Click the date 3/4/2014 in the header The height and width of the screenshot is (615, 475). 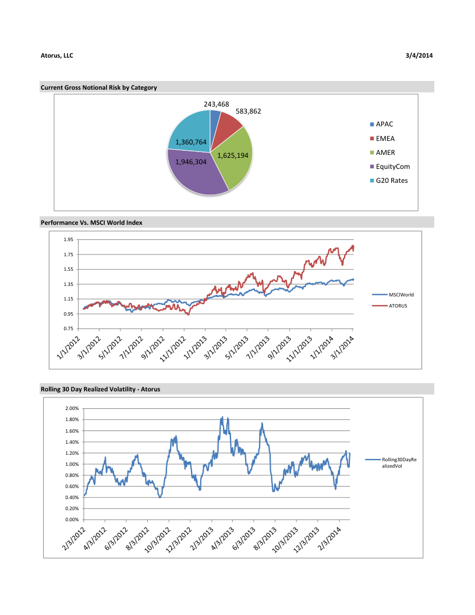pyautogui.click(x=419, y=55)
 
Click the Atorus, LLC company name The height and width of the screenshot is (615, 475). pyautogui.click(x=57, y=55)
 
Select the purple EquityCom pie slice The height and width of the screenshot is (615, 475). pyautogui.click(x=195, y=172)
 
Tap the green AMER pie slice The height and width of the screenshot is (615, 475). pyautogui.click(x=233, y=157)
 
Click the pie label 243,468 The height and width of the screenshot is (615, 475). pyautogui.click(x=216, y=104)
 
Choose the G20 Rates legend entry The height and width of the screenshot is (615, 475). pyautogui.click(x=391, y=181)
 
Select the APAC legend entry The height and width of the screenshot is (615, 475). pyautogui.click(x=385, y=125)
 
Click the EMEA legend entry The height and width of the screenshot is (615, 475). pyautogui.click(x=385, y=139)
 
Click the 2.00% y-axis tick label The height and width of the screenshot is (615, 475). pyautogui.click(x=71, y=409)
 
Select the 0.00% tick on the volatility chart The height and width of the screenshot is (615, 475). pyautogui.click(x=71, y=519)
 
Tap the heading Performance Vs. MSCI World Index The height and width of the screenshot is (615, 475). pyautogui.click(x=91, y=222)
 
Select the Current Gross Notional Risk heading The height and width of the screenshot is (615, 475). pyautogui.click(x=98, y=87)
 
